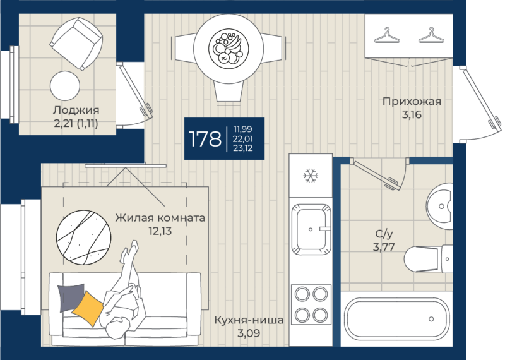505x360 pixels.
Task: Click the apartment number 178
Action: [x=205, y=139]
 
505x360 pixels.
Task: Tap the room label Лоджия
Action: [x=76, y=111]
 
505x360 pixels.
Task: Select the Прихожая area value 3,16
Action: [x=412, y=115]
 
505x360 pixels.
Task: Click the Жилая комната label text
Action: [x=160, y=217]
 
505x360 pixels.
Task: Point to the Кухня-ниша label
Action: [x=249, y=320]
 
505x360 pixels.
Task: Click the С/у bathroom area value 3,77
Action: [x=384, y=247]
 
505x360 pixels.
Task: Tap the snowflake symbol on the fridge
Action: [x=311, y=176]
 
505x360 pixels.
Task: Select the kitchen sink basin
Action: [x=311, y=229]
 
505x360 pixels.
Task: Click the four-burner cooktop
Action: [x=311, y=304]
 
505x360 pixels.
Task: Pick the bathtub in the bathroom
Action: [x=396, y=319]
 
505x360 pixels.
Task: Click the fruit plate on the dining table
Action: [x=229, y=49]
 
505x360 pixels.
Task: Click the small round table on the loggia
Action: [x=65, y=86]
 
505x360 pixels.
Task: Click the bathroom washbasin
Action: [x=439, y=207]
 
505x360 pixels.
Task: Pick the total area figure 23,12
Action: [x=243, y=148]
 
